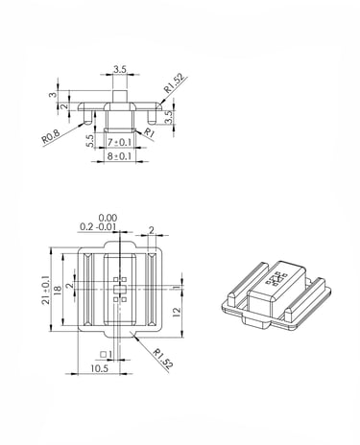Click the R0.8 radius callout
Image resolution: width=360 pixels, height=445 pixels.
[x=51, y=135]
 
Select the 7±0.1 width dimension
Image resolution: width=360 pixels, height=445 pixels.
[x=120, y=142]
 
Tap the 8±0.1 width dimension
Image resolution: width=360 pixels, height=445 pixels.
[x=120, y=156]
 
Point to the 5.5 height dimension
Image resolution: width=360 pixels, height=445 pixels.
[x=90, y=141]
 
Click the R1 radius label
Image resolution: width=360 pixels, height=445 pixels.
[x=149, y=132]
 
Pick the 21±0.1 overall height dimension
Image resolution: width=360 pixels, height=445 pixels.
[x=45, y=290]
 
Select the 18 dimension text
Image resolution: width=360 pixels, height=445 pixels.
[x=58, y=290]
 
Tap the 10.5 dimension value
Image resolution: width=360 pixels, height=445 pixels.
[x=100, y=368]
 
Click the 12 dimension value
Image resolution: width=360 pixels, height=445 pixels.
[x=177, y=312]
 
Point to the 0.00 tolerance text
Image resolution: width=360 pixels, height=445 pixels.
[x=108, y=218]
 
